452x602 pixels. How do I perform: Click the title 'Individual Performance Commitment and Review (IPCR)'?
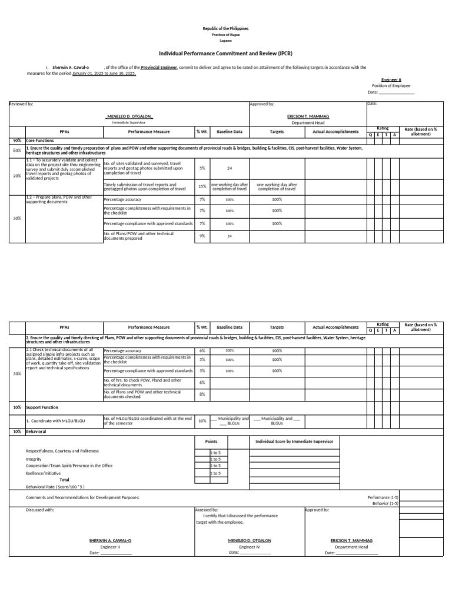(x=225, y=52)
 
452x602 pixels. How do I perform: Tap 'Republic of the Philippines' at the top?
(x=225, y=28)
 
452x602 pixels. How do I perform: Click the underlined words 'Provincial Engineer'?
(x=159, y=68)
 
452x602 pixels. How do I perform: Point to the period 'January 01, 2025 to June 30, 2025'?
(x=104, y=74)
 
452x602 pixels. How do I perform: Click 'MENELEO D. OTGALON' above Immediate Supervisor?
(x=129, y=116)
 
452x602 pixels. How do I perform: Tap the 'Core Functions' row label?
(x=40, y=141)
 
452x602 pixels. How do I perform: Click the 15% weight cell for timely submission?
(x=202, y=186)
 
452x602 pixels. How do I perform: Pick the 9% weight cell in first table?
(x=202, y=236)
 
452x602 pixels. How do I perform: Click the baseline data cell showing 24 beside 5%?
(x=230, y=168)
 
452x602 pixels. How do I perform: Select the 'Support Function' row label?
(x=42, y=407)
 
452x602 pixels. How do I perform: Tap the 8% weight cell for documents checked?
(x=202, y=394)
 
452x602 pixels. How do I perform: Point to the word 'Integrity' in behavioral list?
(x=34, y=459)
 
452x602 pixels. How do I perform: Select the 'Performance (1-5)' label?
(x=383, y=497)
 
